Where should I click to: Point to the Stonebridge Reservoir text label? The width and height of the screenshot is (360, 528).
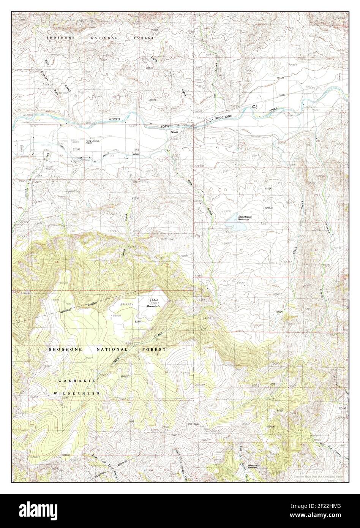tap(245, 218)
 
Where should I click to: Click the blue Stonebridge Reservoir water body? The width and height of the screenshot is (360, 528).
tap(237, 224)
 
